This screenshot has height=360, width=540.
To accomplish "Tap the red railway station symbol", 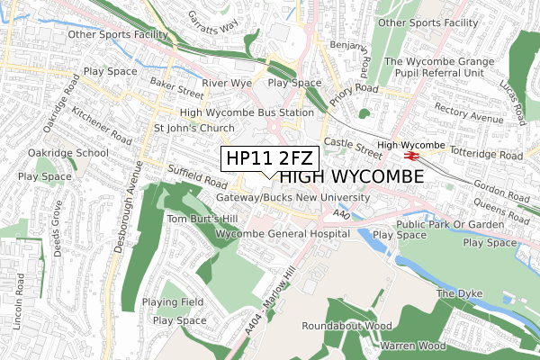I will (408, 156).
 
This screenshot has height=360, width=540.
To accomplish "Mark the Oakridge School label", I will (67, 153).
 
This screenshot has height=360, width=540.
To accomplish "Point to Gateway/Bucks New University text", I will (292, 197).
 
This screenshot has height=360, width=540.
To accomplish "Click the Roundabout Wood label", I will (346, 325).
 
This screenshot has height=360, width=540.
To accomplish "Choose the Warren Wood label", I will (413, 346).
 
